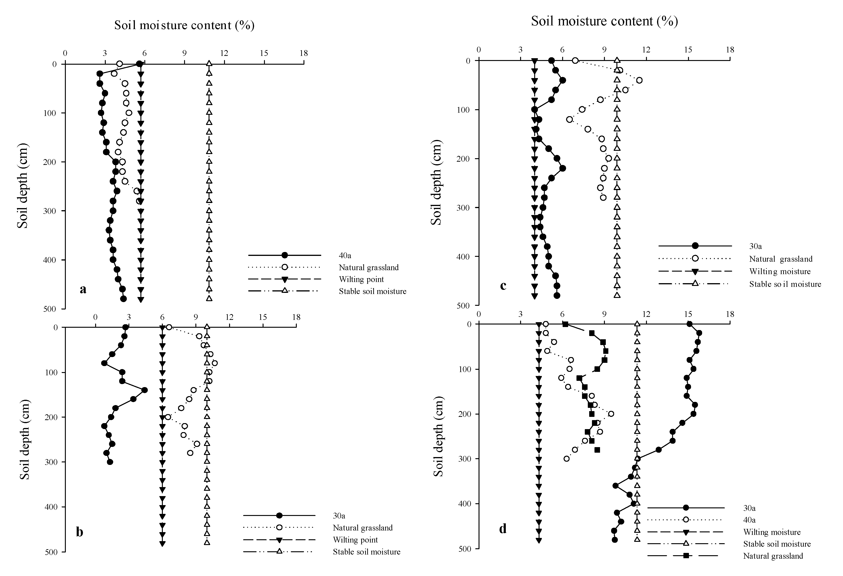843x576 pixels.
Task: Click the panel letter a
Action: point(83,289)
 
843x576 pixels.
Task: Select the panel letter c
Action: point(503,285)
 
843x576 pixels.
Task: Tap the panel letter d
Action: point(503,528)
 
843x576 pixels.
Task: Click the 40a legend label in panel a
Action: point(345,255)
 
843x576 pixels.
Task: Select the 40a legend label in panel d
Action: point(749,519)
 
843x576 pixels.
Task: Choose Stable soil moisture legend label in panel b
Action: point(366,552)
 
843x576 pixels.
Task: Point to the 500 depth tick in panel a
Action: point(50,309)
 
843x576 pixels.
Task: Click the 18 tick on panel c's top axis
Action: point(730,50)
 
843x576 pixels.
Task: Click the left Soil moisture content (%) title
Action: point(184,25)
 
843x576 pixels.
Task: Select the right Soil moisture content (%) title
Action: point(604,21)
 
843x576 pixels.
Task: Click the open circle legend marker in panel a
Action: point(285,267)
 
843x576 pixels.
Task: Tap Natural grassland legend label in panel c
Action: point(781,259)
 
